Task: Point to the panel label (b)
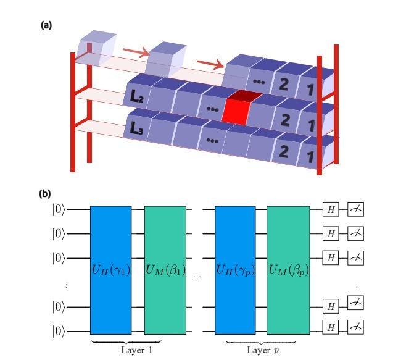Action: point(45,193)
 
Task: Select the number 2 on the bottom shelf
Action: point(284,150)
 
